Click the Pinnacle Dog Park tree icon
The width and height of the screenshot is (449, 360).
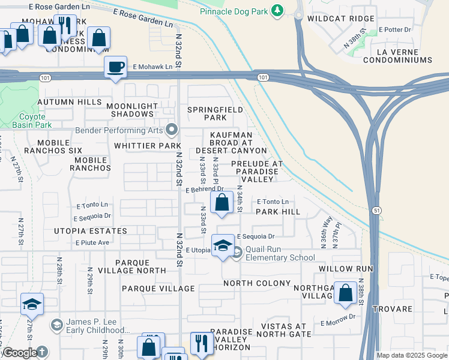point(277,10)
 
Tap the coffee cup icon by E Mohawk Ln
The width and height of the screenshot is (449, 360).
point(115,67)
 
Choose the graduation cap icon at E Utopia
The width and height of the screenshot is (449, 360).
point(223,246)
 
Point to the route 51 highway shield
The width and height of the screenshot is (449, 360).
point(376,210)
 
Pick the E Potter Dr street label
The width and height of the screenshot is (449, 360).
point(394,29)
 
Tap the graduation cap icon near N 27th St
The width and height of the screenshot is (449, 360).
point(32,304)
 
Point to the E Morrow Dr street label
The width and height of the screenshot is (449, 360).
point(338,323)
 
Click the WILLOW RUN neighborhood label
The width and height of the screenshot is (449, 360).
point(346,268)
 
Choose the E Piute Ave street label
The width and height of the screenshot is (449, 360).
point(92,242)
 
